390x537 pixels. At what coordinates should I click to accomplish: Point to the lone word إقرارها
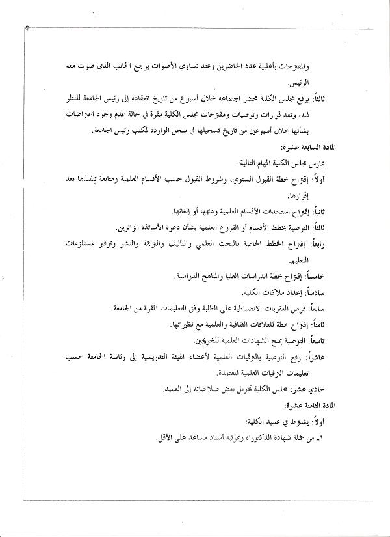[322, 195]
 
